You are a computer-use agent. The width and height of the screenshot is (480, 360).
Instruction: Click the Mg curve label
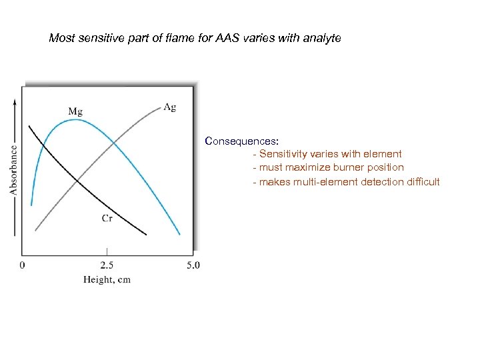pos(75,110)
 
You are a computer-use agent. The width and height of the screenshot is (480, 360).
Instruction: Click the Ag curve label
pos(169,107)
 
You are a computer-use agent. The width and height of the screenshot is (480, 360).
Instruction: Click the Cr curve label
pos(107,219)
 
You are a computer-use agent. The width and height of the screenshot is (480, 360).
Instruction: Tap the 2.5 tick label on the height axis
pos(107,265)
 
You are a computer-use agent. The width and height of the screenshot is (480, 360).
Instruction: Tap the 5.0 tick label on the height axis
pos(192,265)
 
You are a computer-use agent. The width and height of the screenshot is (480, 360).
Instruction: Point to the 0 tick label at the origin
pos(23,265)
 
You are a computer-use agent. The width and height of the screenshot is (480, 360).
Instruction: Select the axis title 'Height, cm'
pos(107,280)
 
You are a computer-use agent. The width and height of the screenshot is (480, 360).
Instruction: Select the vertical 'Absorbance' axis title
pos(13,170)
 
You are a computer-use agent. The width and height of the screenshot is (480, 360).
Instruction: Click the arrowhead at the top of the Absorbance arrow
pos(15,100)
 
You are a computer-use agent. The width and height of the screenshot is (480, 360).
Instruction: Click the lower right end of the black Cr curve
pos(146,235)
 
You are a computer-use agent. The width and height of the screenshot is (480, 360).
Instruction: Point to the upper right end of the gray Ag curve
pos(160,111)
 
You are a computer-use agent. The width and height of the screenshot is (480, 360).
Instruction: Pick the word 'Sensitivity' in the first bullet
pos(283,154)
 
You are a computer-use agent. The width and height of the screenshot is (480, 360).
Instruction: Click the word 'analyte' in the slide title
pos(321,39)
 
